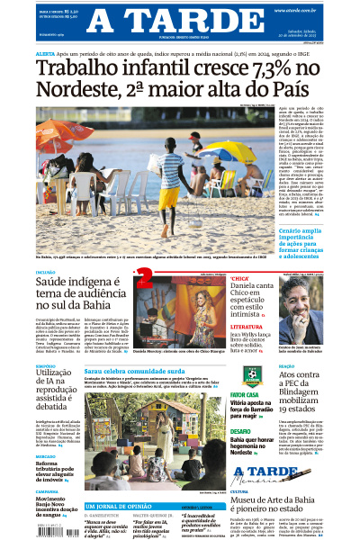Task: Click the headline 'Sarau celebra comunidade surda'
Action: (135, 370)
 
